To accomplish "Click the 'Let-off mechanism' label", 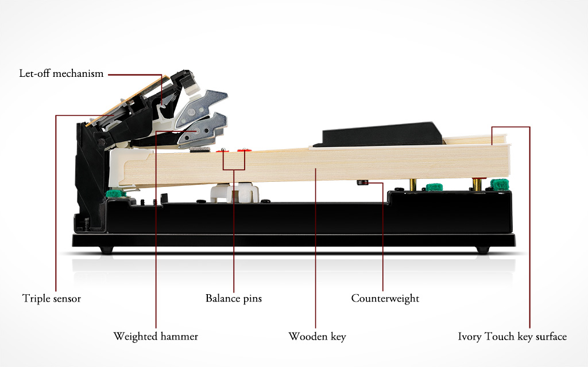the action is (x=61, y=73).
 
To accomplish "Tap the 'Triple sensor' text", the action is (x=52, y=298).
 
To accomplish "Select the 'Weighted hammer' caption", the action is (x=156, y=336).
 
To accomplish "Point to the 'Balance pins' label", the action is (x=234, y=298).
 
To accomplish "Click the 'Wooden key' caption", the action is (x=317, y=336).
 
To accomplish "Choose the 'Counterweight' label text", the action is (x=385, y=298).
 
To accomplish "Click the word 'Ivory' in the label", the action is (x=470, y=336).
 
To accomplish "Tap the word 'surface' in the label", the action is (x=551, y=336).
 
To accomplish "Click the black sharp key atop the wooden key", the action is (x=379, y=134).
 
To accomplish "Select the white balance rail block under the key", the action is (x=235, y=192).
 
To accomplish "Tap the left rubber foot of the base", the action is (x=106, y=250).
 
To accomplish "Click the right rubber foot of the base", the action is (x=482, y=250).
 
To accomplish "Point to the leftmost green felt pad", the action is (x=115, y=194).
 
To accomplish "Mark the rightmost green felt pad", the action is (x=500, y=184).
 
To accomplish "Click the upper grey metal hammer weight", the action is (x=200, y=108).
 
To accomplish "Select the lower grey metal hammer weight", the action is (x=203, y=128).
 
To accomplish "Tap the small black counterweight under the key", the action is (x=363, y=183).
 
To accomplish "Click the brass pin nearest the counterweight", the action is (x=413, y=184).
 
